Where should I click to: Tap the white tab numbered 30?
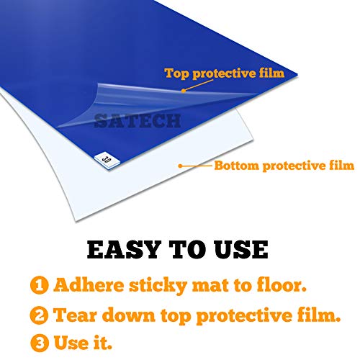(107, 156)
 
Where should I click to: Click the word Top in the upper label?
(177, 73)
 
